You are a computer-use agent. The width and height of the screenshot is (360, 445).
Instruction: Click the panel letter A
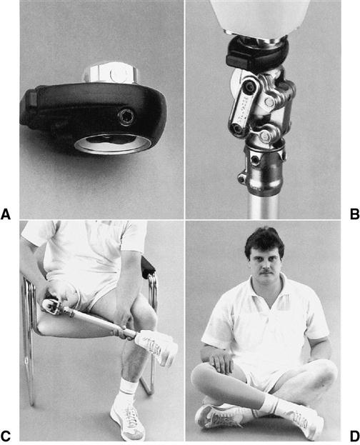point(6,214)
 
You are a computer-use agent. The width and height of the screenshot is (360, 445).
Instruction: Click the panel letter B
point(354,214)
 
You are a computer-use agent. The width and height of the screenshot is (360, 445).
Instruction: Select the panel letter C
point(6,436)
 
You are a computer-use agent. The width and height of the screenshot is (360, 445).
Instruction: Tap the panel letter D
point(354,436)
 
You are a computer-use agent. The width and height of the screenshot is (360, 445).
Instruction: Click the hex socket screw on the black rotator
point(124,117)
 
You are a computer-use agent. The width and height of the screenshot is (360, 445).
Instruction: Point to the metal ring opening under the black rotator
point(113,144)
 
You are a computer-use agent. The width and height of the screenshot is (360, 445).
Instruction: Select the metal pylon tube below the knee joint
point(264,207)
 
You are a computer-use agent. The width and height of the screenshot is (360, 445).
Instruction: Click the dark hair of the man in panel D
point(264,241)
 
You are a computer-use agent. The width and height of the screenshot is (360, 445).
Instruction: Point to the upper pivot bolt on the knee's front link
point(250,85)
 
